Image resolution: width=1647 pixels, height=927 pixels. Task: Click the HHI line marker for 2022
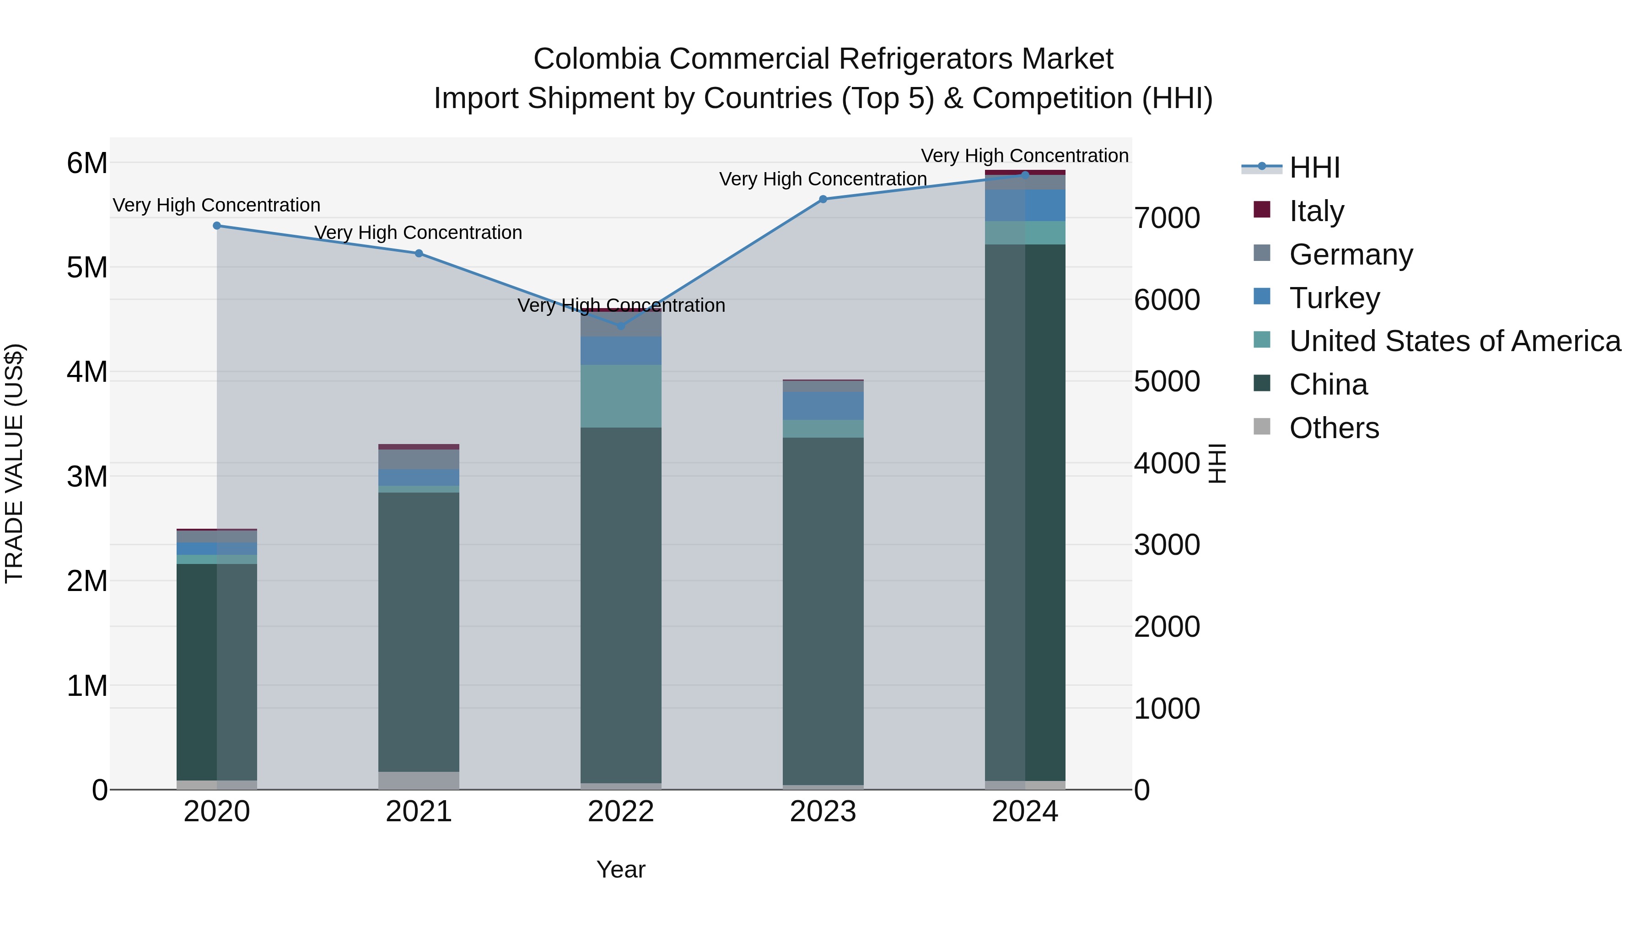tap(621, 325)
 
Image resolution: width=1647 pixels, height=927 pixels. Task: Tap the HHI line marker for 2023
tap(823, 199)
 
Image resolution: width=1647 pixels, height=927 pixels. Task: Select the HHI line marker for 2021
tap(419, 253)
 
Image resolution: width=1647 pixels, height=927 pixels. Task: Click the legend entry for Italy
tap(1316, 211)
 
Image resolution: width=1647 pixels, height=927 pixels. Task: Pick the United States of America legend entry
tap(1454, 341)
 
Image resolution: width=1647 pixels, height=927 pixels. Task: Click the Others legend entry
tap(1334, 428)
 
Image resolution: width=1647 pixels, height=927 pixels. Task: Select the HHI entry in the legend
tap(1314, 168)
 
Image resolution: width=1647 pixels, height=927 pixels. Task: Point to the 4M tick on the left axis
tap(87, 372)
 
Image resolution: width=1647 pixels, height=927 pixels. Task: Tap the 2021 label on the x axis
tap(419, 812)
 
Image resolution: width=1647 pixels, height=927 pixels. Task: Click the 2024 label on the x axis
tap(1025, 812)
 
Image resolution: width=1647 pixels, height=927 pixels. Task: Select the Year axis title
tap(621, 869)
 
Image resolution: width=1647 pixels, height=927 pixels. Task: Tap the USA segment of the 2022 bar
tap(621, 396)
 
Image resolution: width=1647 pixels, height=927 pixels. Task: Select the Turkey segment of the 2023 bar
tap(823, 406)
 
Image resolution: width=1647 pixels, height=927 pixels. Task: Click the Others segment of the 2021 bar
tap(419, 781)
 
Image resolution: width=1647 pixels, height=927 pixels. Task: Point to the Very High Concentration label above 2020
tap(217, 206)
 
